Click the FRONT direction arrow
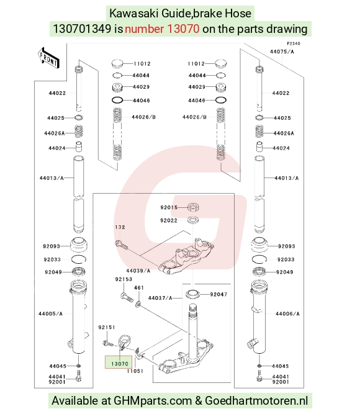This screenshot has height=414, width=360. coord(48,58)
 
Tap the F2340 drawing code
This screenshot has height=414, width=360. coord(294,43)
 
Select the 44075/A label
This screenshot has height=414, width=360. coord(282,52)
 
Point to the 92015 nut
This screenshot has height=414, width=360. coord(193,207)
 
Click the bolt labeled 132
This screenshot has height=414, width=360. coord(121,245)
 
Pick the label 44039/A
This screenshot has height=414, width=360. coord(138,271)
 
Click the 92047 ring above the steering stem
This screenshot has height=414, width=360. coord(192,294)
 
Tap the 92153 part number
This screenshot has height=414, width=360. coord(124,279)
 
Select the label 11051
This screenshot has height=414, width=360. coord(135,371)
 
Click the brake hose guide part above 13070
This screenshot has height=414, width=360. coord(124,342)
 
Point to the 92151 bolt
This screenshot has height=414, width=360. coord(107,343)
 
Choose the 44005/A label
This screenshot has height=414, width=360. coord(50,313)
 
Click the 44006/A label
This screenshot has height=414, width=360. coord(287,313)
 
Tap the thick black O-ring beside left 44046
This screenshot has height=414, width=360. coord(117,101)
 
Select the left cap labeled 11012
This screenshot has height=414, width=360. coord(117,64)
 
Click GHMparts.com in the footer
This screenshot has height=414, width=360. coord(153,400)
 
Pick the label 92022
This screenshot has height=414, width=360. coord(169,220)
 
